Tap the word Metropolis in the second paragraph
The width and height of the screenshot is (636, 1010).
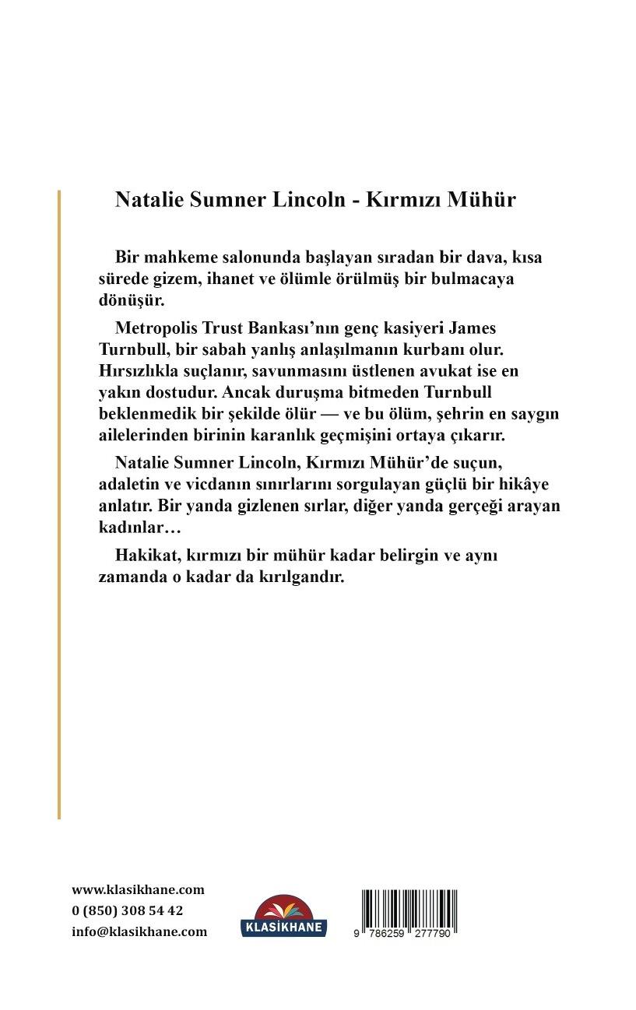point(152,328)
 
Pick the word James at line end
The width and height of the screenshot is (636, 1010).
point(472,328)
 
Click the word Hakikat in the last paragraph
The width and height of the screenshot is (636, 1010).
point(142,557)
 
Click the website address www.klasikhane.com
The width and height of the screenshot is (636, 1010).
point(138,890)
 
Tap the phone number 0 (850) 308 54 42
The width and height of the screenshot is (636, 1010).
point(127,910)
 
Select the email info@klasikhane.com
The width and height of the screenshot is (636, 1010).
point(139,931)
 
